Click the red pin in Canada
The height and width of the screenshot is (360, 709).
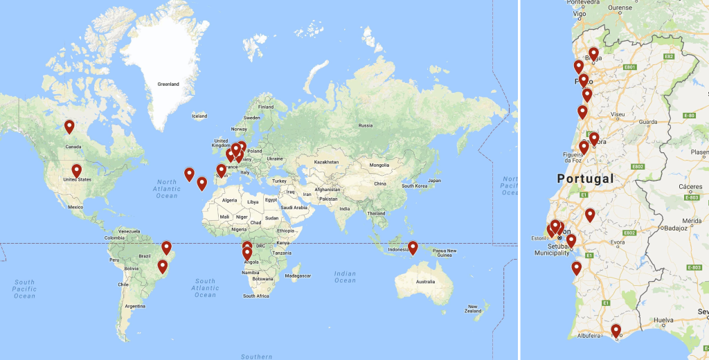(x=69, y=127)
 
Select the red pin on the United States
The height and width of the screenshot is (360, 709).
(x=77, y=170)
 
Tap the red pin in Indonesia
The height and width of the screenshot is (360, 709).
(x=413, y=247)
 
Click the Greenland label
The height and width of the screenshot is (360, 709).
(x=168, y=84)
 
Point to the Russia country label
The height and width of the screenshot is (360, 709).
(x=366, y=126)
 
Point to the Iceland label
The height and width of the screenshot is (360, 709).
(x=199, y=116)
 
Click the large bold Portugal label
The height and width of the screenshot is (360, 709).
(x=585, y=179)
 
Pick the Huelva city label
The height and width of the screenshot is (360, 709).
(x=663, y=321)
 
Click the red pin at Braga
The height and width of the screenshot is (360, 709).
(x=593, y=54)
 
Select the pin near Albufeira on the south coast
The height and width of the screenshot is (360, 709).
(x=616, y=331)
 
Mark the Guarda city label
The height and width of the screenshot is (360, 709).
(x=647, y=122)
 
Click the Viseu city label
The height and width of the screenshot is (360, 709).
(x=618, y=114)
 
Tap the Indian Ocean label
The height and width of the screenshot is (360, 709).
(x=345, y=277)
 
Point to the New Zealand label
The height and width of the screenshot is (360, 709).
(x=473, y=309)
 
